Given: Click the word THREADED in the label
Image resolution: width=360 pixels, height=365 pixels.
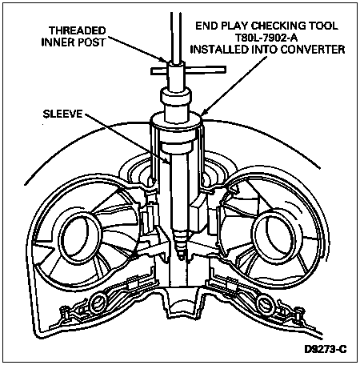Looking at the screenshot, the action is [x=78, y=30].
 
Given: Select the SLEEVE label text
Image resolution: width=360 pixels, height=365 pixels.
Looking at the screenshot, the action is [x=63, y=114].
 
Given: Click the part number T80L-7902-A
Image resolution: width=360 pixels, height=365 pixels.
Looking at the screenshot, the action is [x=266, y=38].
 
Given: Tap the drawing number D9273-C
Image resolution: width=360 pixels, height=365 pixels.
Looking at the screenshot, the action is [x=326, y=349].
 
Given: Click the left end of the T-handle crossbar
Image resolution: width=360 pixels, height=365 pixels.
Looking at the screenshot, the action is [x=152, y=71].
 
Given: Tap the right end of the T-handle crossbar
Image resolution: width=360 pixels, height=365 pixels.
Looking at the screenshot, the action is [x=226, y=70].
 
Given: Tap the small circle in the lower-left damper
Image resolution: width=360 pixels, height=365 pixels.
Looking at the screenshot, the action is [x=98, y=303].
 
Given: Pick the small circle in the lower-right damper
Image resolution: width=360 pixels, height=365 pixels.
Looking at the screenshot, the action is [x=265, y=303].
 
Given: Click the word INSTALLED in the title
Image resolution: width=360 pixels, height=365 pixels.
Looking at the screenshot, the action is [x=218, y=50].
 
